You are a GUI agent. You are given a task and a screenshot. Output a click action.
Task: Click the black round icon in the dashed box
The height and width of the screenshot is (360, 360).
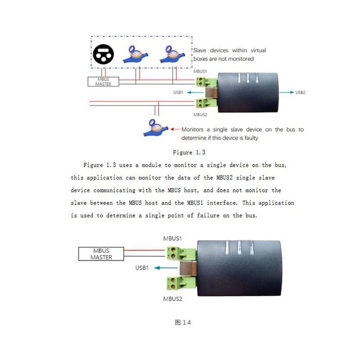point(103,54)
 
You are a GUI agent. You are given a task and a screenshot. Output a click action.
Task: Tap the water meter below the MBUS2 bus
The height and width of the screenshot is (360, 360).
point(155,128)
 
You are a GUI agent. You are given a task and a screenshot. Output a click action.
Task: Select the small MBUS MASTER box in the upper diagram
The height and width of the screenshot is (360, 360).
point(103,81)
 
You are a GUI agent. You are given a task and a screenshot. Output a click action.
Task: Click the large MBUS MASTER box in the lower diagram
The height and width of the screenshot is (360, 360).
point(101,254)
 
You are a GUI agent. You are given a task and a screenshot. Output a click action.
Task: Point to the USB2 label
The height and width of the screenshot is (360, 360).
point(300,92)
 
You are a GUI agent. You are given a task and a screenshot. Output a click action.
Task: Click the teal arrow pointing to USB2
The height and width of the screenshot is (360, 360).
point(287,92)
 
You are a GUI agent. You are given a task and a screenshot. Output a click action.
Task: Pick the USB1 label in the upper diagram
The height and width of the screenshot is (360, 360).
point(178,92)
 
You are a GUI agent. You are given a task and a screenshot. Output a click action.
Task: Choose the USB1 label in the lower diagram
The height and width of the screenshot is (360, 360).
point(142,268)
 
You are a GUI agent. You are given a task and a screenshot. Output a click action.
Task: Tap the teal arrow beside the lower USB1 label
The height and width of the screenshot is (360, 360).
point(166,268)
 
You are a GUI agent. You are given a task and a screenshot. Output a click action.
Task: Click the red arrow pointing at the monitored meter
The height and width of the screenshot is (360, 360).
point(175,129)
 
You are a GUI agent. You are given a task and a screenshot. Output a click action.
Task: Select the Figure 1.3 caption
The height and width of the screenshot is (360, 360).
point(189,152)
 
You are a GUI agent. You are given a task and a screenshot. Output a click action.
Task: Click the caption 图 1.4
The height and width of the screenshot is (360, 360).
point(183,322)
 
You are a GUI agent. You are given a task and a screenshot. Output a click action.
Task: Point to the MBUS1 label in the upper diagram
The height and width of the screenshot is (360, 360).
point(200,71)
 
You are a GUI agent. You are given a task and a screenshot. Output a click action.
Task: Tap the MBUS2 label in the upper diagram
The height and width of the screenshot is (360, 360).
point(200,115)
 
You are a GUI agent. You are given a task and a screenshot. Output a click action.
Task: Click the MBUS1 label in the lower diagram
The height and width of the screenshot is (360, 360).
point(172,239)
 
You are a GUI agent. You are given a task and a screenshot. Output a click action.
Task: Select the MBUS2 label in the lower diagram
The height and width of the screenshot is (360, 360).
point(173,299)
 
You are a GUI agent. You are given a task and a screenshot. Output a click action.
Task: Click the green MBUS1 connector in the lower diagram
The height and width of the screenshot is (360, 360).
point(182,253)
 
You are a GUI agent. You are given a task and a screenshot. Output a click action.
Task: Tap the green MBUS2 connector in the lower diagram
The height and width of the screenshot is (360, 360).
point(182,283)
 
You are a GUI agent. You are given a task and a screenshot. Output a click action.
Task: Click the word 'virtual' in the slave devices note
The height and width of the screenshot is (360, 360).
point(258,50)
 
